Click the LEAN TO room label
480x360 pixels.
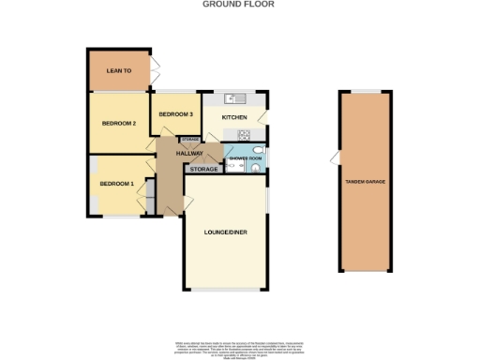coord(118,70)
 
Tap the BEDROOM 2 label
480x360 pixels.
coord(119,123)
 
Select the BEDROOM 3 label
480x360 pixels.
coord(175,114)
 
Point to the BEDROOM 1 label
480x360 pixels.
coord(117,184)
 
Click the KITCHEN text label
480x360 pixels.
coord(233,117)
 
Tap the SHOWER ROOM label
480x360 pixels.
coord(243,159)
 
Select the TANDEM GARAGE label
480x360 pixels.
coord(363,182)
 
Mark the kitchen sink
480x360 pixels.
coord(235,97)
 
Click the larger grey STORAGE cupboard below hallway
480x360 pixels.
coord(203,170)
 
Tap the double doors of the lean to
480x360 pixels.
coord(155,70)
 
